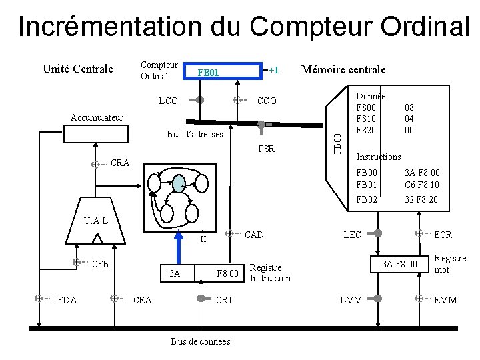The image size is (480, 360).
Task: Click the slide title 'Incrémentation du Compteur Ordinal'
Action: (243, 26)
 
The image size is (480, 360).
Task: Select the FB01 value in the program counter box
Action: (208, 72)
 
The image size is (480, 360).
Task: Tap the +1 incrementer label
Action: (273, 69)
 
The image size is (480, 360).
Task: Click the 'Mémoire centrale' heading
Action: (343, 69)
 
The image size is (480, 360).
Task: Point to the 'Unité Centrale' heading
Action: (77, 69)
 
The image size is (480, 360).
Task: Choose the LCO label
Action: (168, 101)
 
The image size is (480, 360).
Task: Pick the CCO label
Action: (267, 101)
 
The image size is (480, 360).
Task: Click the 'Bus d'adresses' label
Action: (195, 135)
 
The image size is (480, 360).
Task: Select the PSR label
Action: (266, 149)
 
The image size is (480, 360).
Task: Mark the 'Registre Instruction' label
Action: (269, 273)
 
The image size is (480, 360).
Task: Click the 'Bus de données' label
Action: (201, 341)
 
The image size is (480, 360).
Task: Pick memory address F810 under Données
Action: (367, 119)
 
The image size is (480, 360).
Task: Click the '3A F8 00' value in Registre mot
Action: (399, 265)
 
